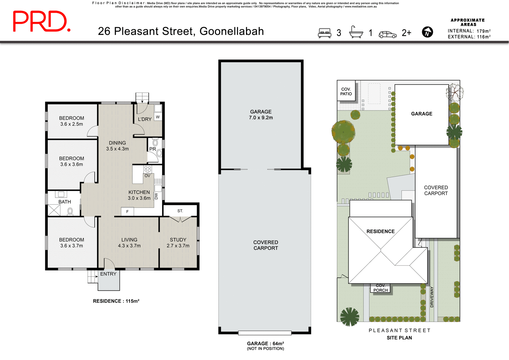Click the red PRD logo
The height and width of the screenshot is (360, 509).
[x=42, y=21]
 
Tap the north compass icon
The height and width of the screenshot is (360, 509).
[x=427, y=32]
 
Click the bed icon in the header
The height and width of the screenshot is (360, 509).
[x=324, y=33]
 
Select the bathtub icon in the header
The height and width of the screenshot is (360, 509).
[x=356, y=32]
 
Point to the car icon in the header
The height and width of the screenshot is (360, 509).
[x=387, y=34]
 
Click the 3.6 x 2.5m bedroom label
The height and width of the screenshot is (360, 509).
[x=71, y=121]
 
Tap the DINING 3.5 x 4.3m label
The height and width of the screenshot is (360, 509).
[x=117, y=146]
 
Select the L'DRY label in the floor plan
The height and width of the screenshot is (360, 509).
[x=144, y=119]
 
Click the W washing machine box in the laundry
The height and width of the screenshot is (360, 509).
[x=158, y=117]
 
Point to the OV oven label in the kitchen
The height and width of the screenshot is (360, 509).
[x=147, y=176]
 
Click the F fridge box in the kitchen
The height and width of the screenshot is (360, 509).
[x=127, y=211]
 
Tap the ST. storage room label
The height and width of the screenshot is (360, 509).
[x=180, y=211]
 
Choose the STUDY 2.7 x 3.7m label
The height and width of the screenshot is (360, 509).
[x=178, y=242]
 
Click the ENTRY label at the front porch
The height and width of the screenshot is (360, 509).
[x=108, y=274]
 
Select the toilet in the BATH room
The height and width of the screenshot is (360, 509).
[x=70, y=211]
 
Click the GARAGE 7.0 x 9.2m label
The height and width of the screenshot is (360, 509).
[x=261, y=115]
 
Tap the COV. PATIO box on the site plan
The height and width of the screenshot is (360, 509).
[x=346, y=91]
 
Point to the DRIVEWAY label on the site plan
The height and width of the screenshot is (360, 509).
[x=432, y=297]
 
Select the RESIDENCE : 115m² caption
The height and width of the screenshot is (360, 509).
[x=116, y=301]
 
